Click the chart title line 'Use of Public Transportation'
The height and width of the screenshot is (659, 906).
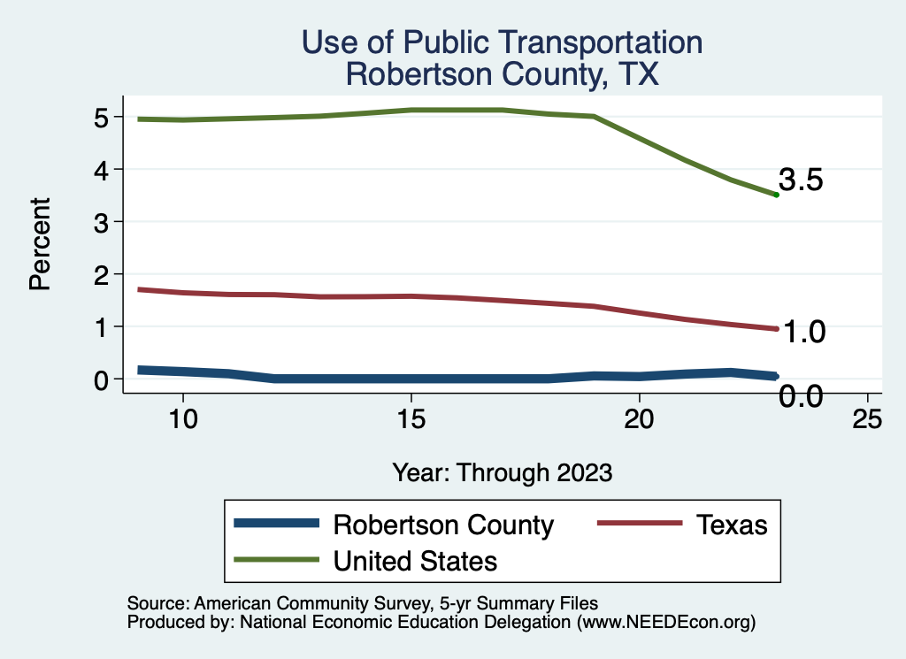(x=502, y=42)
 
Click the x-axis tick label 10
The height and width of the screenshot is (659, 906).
(x=182, y=418)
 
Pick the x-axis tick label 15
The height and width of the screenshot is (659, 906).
(x=411, y=418)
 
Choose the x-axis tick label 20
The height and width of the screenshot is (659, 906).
(x=640, y=418)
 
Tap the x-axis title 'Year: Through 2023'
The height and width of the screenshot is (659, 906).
(x=502, y=472)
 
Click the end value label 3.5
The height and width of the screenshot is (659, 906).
(x=802, y=180)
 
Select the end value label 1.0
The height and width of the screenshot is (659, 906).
(x=802, y=332)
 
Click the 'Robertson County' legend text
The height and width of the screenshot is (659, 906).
(x=443, y=525)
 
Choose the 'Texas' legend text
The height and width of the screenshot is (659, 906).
(x=731, y=525)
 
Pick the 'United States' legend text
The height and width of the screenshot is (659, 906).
(x=415, y=560)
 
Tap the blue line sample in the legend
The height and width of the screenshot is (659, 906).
(x=276, y=525)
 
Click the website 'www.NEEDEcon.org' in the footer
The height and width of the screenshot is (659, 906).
(x=666, y=623)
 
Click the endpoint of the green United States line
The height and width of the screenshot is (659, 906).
(x=776, y=195)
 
